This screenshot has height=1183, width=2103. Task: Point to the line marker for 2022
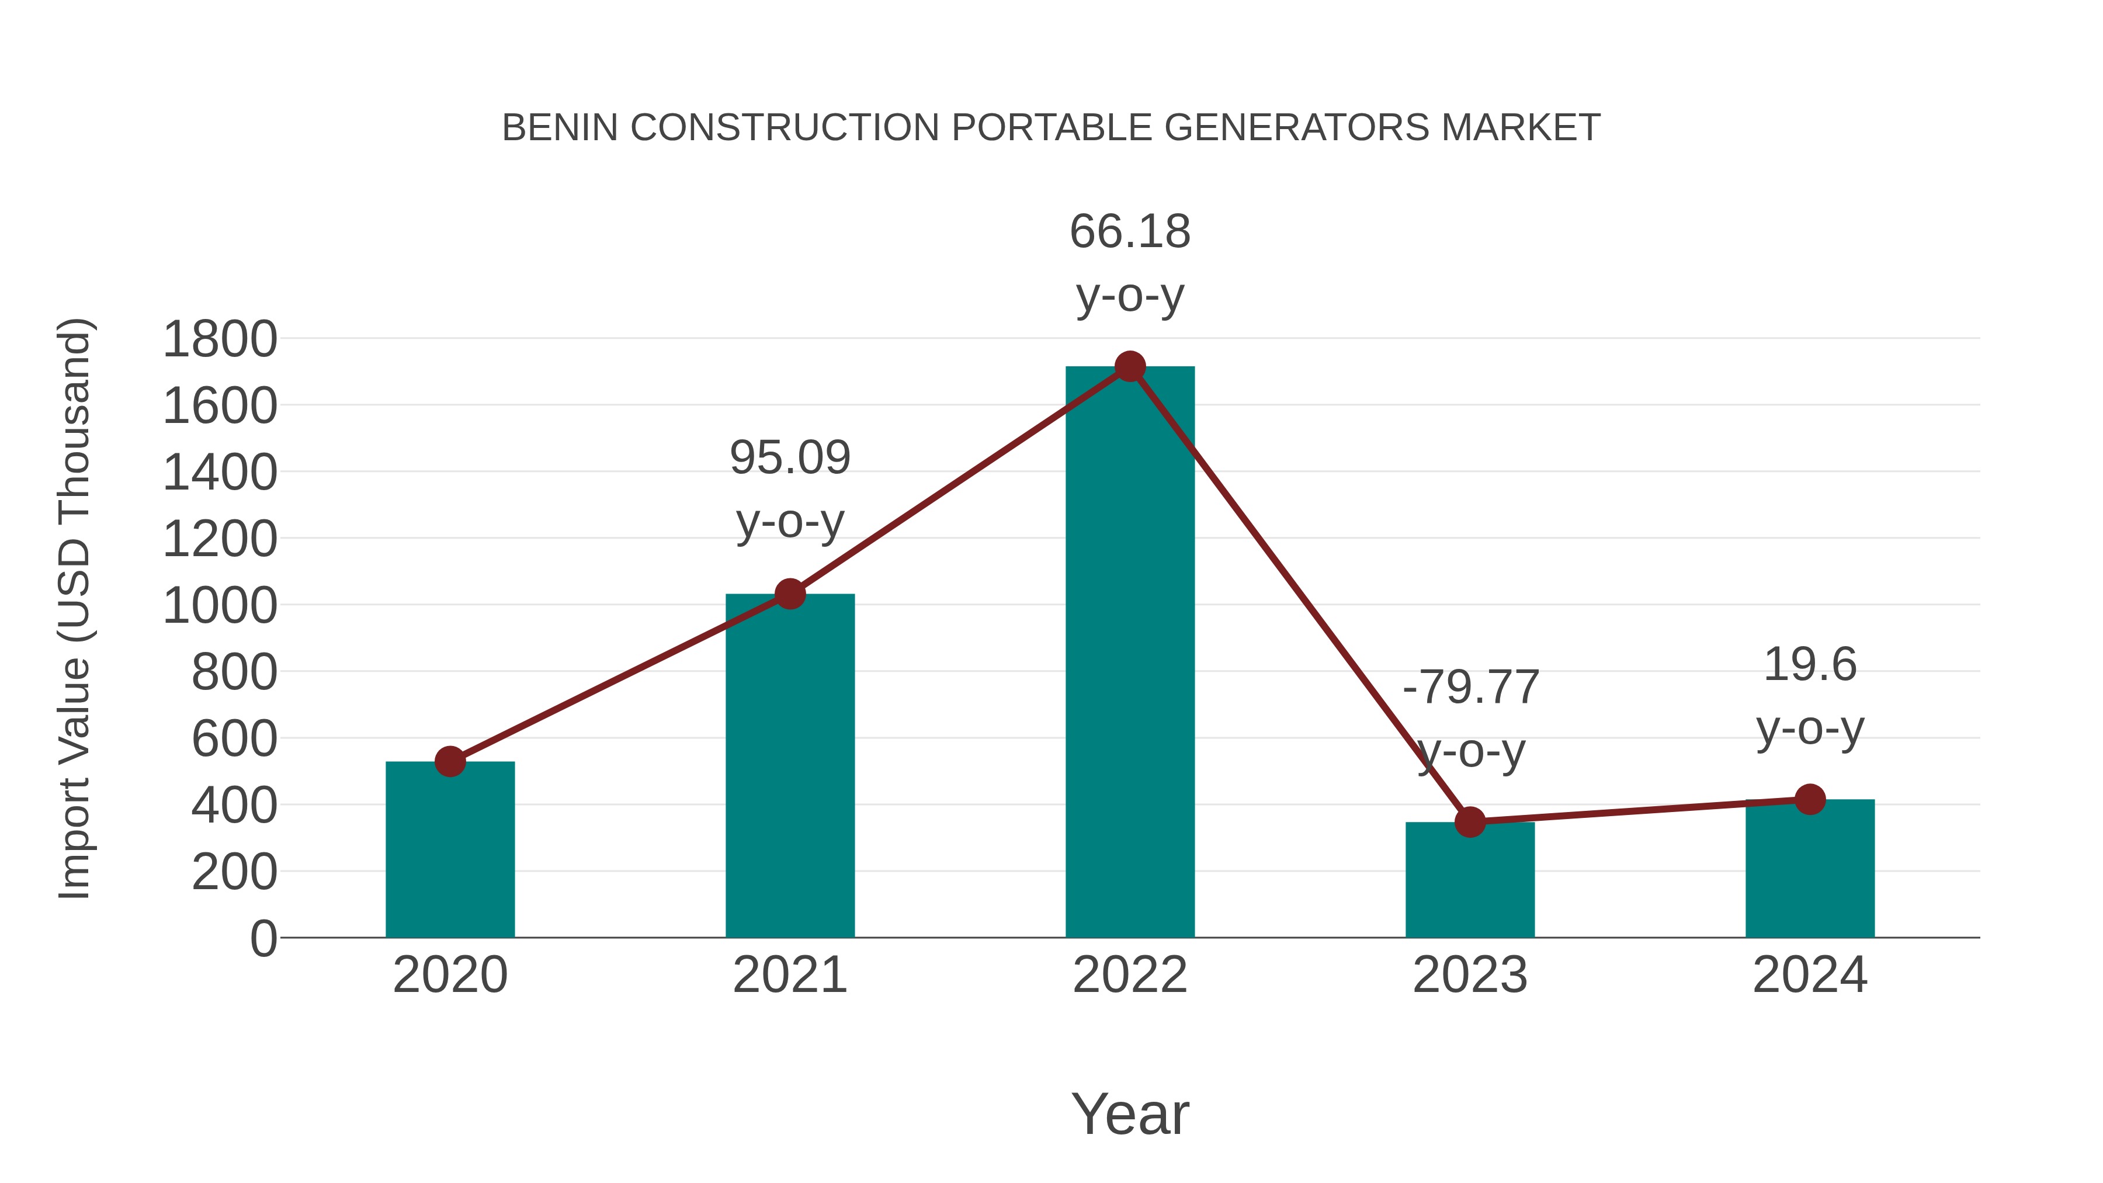1130,366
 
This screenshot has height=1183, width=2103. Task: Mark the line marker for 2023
1470,822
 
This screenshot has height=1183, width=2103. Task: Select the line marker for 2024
1810,799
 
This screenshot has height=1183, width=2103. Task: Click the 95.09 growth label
789,458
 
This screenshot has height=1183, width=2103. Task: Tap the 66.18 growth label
1130,232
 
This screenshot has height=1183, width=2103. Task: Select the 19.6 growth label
1810,665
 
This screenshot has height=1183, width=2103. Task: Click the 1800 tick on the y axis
220,339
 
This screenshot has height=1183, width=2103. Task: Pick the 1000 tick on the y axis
220,606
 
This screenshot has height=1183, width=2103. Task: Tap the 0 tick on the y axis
263,938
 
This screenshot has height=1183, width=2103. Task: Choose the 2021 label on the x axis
789,975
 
